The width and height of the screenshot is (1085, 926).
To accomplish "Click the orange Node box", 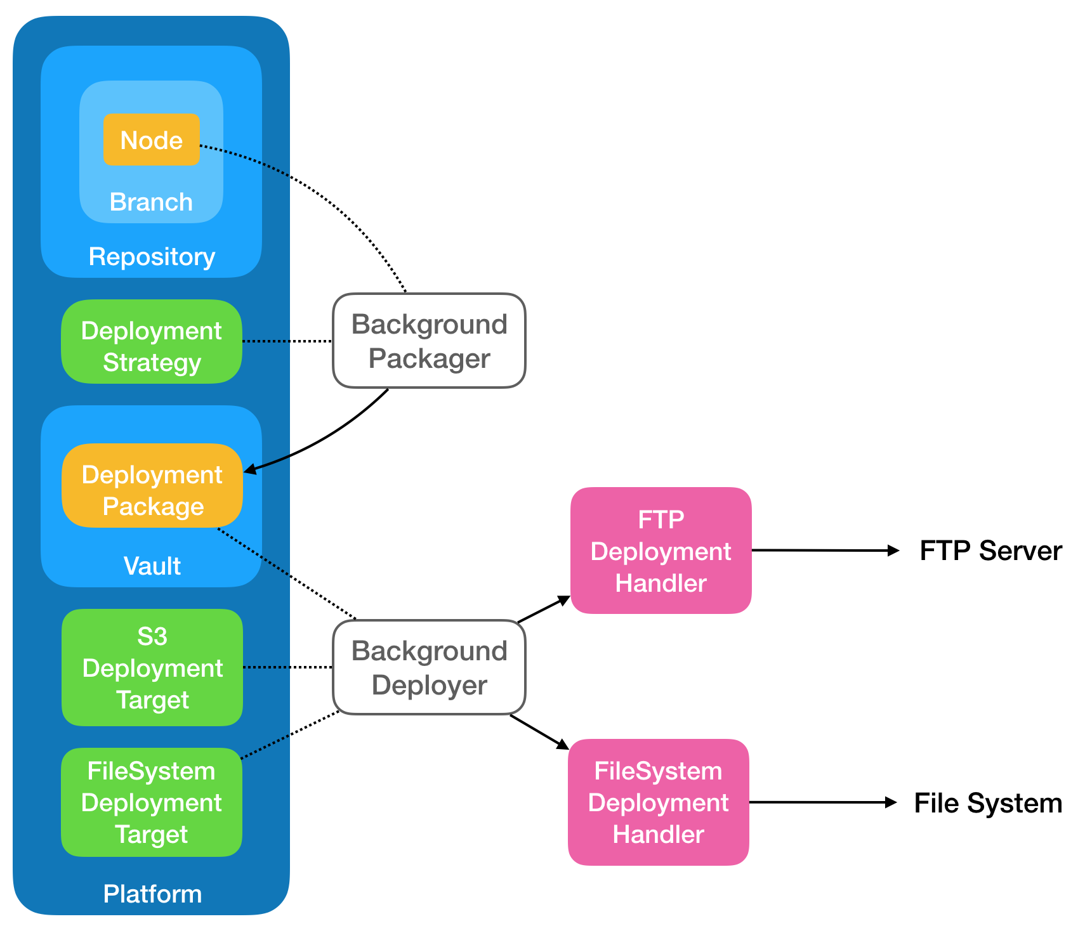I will coord(152,140).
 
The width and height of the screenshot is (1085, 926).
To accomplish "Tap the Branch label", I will coord(151,202).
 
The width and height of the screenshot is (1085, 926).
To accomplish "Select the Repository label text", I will coord(152,256).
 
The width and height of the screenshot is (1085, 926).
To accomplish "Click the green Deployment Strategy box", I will coord(152,341).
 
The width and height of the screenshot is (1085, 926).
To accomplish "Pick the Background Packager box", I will coord(429,341).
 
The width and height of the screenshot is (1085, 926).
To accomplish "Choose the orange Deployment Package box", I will coord(152,485).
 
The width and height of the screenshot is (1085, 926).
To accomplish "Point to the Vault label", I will coord(152,565).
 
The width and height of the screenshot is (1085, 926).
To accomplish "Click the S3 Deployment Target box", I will coord(152,667).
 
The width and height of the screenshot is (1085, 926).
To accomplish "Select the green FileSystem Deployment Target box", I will coord(152,802).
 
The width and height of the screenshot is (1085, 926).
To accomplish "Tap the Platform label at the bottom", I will coord(152,894).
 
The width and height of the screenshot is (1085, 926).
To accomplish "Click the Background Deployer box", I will coord(429,667).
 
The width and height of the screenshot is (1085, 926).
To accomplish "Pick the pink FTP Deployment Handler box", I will coord(661,551).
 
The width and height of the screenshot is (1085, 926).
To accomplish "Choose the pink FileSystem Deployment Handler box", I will coord(658,802).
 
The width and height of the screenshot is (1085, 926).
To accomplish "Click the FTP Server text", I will coord(990,551).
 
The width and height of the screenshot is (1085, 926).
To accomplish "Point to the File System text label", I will coord(988,803).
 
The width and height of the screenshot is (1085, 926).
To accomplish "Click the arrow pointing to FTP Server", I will coord(825,551).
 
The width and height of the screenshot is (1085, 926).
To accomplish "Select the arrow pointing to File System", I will coord(822,802).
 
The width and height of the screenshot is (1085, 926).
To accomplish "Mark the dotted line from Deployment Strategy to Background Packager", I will coord(287,341).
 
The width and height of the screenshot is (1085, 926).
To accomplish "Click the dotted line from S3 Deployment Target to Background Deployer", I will coord(288,667).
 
